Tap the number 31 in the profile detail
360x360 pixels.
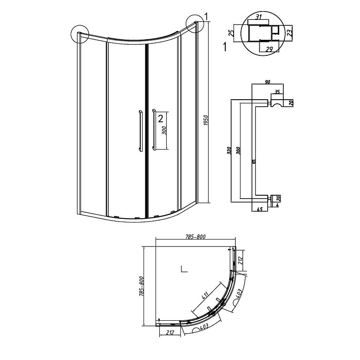(x=259, y=18)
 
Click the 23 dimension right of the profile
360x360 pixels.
(x=288, y=33)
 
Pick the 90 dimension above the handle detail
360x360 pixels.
(x=267, y=82)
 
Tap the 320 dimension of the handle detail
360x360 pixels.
(x=229, y=151)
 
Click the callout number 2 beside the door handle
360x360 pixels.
(x=160, y=119)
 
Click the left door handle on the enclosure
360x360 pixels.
(x=138, y=130)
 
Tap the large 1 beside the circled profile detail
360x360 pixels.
(x=224, y=46)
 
